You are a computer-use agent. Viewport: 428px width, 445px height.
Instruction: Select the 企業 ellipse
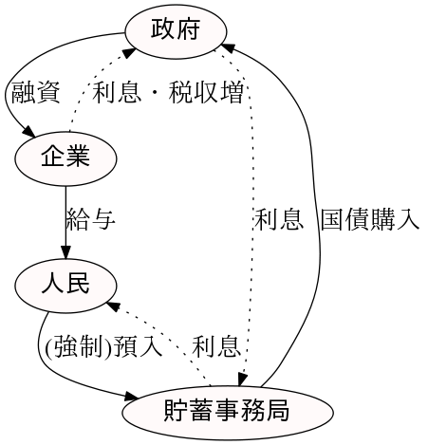pyautogui.click(x=65, y=157)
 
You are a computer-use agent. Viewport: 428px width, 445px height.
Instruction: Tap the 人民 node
pyautogui.click(x=65, y=284)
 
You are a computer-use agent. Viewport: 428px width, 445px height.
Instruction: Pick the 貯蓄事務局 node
pyautogui.click(x=226, y=412)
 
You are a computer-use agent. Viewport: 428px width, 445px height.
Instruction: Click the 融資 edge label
pyautogui.click(x=35, y=93)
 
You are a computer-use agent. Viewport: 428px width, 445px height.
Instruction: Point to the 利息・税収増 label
pyautogui.click(x=168, y=93)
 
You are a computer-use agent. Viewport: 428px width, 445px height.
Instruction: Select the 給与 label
pyautogui.click(x=91, y=220)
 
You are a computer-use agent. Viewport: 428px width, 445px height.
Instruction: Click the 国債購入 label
pyautogui.click(x=369, y=220)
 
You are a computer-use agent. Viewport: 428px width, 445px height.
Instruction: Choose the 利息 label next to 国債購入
pyautogui.click(x=279, y=220)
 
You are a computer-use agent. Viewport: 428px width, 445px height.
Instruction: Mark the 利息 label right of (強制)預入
pyautogui.click(x=216, y=347)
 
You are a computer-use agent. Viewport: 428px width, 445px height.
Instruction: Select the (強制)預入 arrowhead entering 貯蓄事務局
pyautogui.click(x=134, y=396)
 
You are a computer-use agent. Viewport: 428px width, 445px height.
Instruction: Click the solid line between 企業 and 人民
pyautogui.click(x=65, y=213)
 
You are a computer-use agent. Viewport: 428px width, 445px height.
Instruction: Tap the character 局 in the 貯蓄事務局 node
pyautogui.click(x=276, y=412)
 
